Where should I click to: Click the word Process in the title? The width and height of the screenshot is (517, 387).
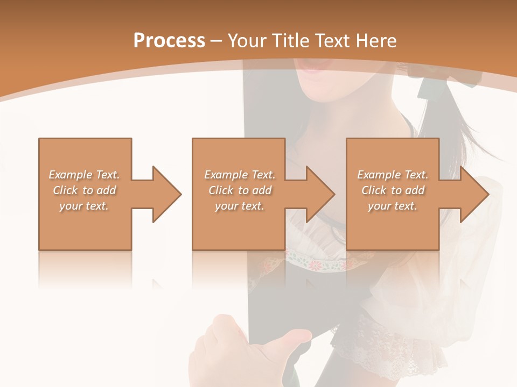(x=169, y=41)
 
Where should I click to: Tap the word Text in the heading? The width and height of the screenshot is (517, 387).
(x=332, y=41)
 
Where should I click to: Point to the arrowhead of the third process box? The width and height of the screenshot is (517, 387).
(x=473, y=194)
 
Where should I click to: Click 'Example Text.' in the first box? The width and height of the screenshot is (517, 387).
(x=84, y=175)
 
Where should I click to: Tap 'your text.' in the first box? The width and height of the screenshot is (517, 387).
(x=84, y=206)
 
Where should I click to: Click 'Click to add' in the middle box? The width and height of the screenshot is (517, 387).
(x=240, y=190)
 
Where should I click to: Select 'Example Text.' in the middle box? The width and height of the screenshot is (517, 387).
(x=240, y=175)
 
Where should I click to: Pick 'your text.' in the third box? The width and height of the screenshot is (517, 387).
(x=393, y=206)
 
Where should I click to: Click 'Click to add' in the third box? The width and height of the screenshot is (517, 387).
(x=393, y=190)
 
